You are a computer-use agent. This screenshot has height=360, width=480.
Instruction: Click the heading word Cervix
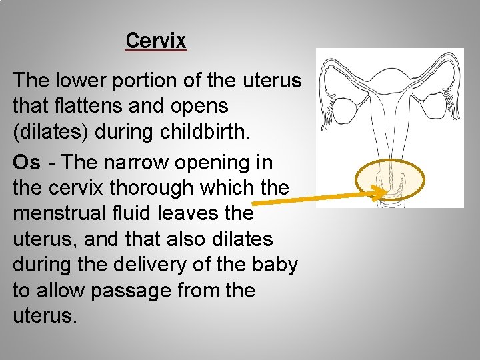pyautogui.click(x=156, y=41)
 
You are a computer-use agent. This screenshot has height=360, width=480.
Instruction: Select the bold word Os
pyautogui.click(x=27, y=163)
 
